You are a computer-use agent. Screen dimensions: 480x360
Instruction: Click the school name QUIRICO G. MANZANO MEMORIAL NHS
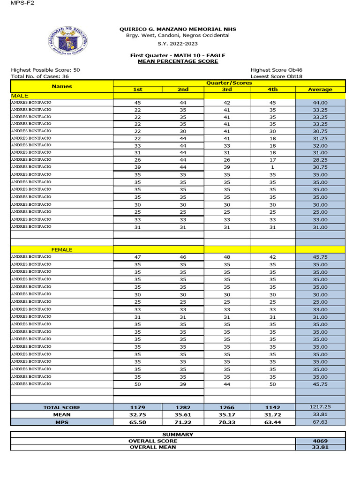(x=178, y=29)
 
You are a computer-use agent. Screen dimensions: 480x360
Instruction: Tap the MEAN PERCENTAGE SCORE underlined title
(x=178, y=61)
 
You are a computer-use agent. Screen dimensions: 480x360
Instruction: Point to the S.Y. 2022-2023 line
(x=178, y=44)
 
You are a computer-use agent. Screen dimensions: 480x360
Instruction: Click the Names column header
(x=62, y=86)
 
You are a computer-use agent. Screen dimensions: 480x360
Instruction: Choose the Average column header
(x=320, y=90)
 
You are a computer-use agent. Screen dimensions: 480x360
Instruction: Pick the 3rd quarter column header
(x=227, y=90)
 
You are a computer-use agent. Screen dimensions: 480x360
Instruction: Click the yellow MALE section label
(x=19, y=95)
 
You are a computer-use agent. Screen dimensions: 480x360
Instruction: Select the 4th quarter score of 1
(x=272, y=167)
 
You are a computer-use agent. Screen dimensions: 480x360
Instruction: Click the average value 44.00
(x=320, y=103)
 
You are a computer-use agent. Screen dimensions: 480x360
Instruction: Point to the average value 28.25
(x=320, y=159)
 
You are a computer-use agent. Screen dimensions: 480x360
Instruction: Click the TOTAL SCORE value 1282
(x=183, y=408)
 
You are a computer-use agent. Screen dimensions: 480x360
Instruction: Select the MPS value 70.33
(x=227, y=422)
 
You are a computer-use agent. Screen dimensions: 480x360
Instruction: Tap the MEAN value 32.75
(x=137, y=415)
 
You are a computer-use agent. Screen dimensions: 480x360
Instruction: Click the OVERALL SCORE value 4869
(x=320, y=441)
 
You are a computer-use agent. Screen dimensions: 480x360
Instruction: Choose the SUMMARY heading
(x=178, y=435)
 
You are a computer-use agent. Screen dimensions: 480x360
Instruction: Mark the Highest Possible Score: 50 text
(x=45, y=70)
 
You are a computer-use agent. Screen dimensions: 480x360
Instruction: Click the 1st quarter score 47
(x=137, y=257)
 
